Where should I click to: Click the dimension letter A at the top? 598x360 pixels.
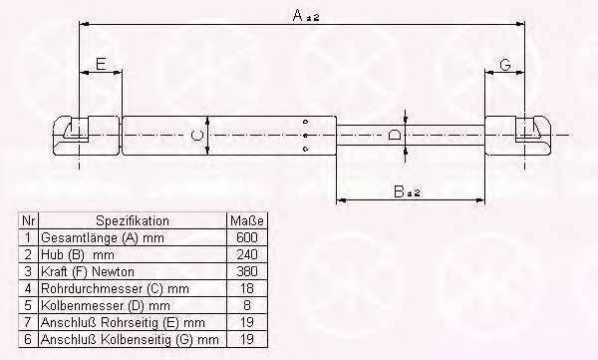298,16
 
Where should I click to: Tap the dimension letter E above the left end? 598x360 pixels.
101,64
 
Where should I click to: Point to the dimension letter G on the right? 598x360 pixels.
504,65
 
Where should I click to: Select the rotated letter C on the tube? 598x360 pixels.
196,136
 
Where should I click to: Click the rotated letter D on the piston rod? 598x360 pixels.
395,136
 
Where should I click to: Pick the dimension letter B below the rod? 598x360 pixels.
399,191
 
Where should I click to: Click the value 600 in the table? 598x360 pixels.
247,237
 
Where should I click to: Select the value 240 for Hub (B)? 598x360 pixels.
247,254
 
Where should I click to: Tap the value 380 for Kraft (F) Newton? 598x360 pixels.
247,271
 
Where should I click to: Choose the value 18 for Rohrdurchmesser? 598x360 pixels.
247,288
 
